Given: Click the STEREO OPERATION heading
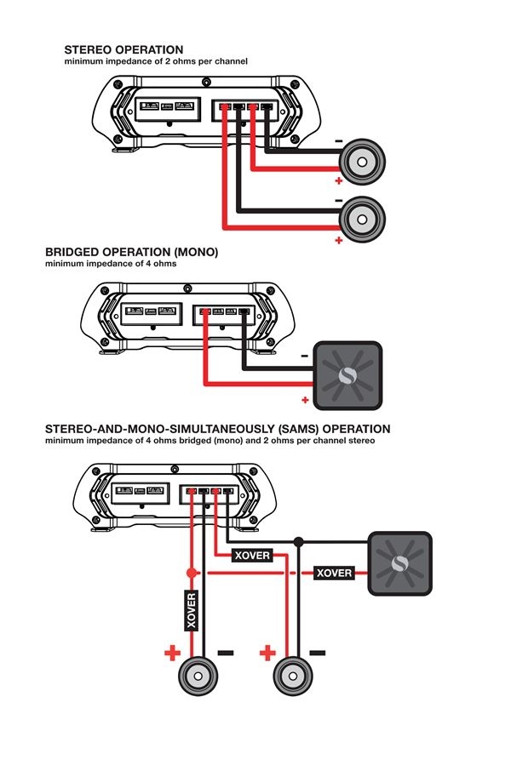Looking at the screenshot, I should coord(123,50).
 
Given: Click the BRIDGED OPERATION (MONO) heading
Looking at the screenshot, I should coord(132,253).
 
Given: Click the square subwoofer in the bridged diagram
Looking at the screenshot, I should coord(347,375).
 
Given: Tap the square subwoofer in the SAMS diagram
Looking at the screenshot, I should coord(399,563).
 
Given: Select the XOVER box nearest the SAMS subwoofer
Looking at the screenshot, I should coord(334,573).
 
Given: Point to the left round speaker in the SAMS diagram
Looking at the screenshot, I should coord(201,678).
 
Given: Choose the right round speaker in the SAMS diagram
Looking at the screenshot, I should coord(295,678).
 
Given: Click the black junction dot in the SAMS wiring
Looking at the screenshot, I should coord(297,541).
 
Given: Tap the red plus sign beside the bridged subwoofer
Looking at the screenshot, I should coord(303,398).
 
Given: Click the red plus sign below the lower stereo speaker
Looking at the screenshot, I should coord(339,241).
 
